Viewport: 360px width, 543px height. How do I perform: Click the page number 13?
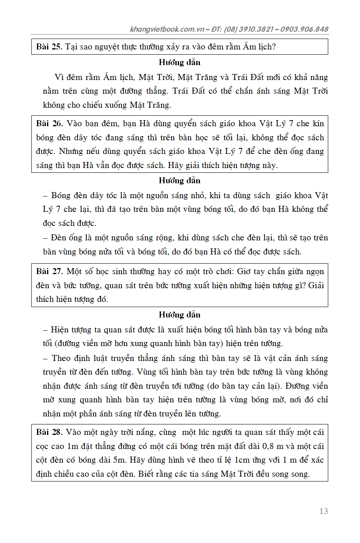click(x=323, y=511)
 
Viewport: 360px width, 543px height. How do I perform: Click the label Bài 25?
click(x=49, y=47)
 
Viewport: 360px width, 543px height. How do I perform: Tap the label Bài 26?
click(x=49, y=123)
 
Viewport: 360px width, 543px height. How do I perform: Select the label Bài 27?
click(x=49, y=271)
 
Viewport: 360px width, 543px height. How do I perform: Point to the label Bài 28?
click(x=49, y=432)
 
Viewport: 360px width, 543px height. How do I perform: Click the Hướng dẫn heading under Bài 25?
click(x=179, y=62)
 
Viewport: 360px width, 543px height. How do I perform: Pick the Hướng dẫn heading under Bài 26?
click(x=179, y=180)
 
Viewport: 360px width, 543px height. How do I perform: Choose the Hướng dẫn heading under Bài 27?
click(x=179, y=315)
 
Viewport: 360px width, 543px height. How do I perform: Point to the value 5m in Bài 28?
click(x=109, y=460)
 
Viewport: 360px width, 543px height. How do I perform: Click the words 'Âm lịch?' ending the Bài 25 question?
click(x=259, y=47)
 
